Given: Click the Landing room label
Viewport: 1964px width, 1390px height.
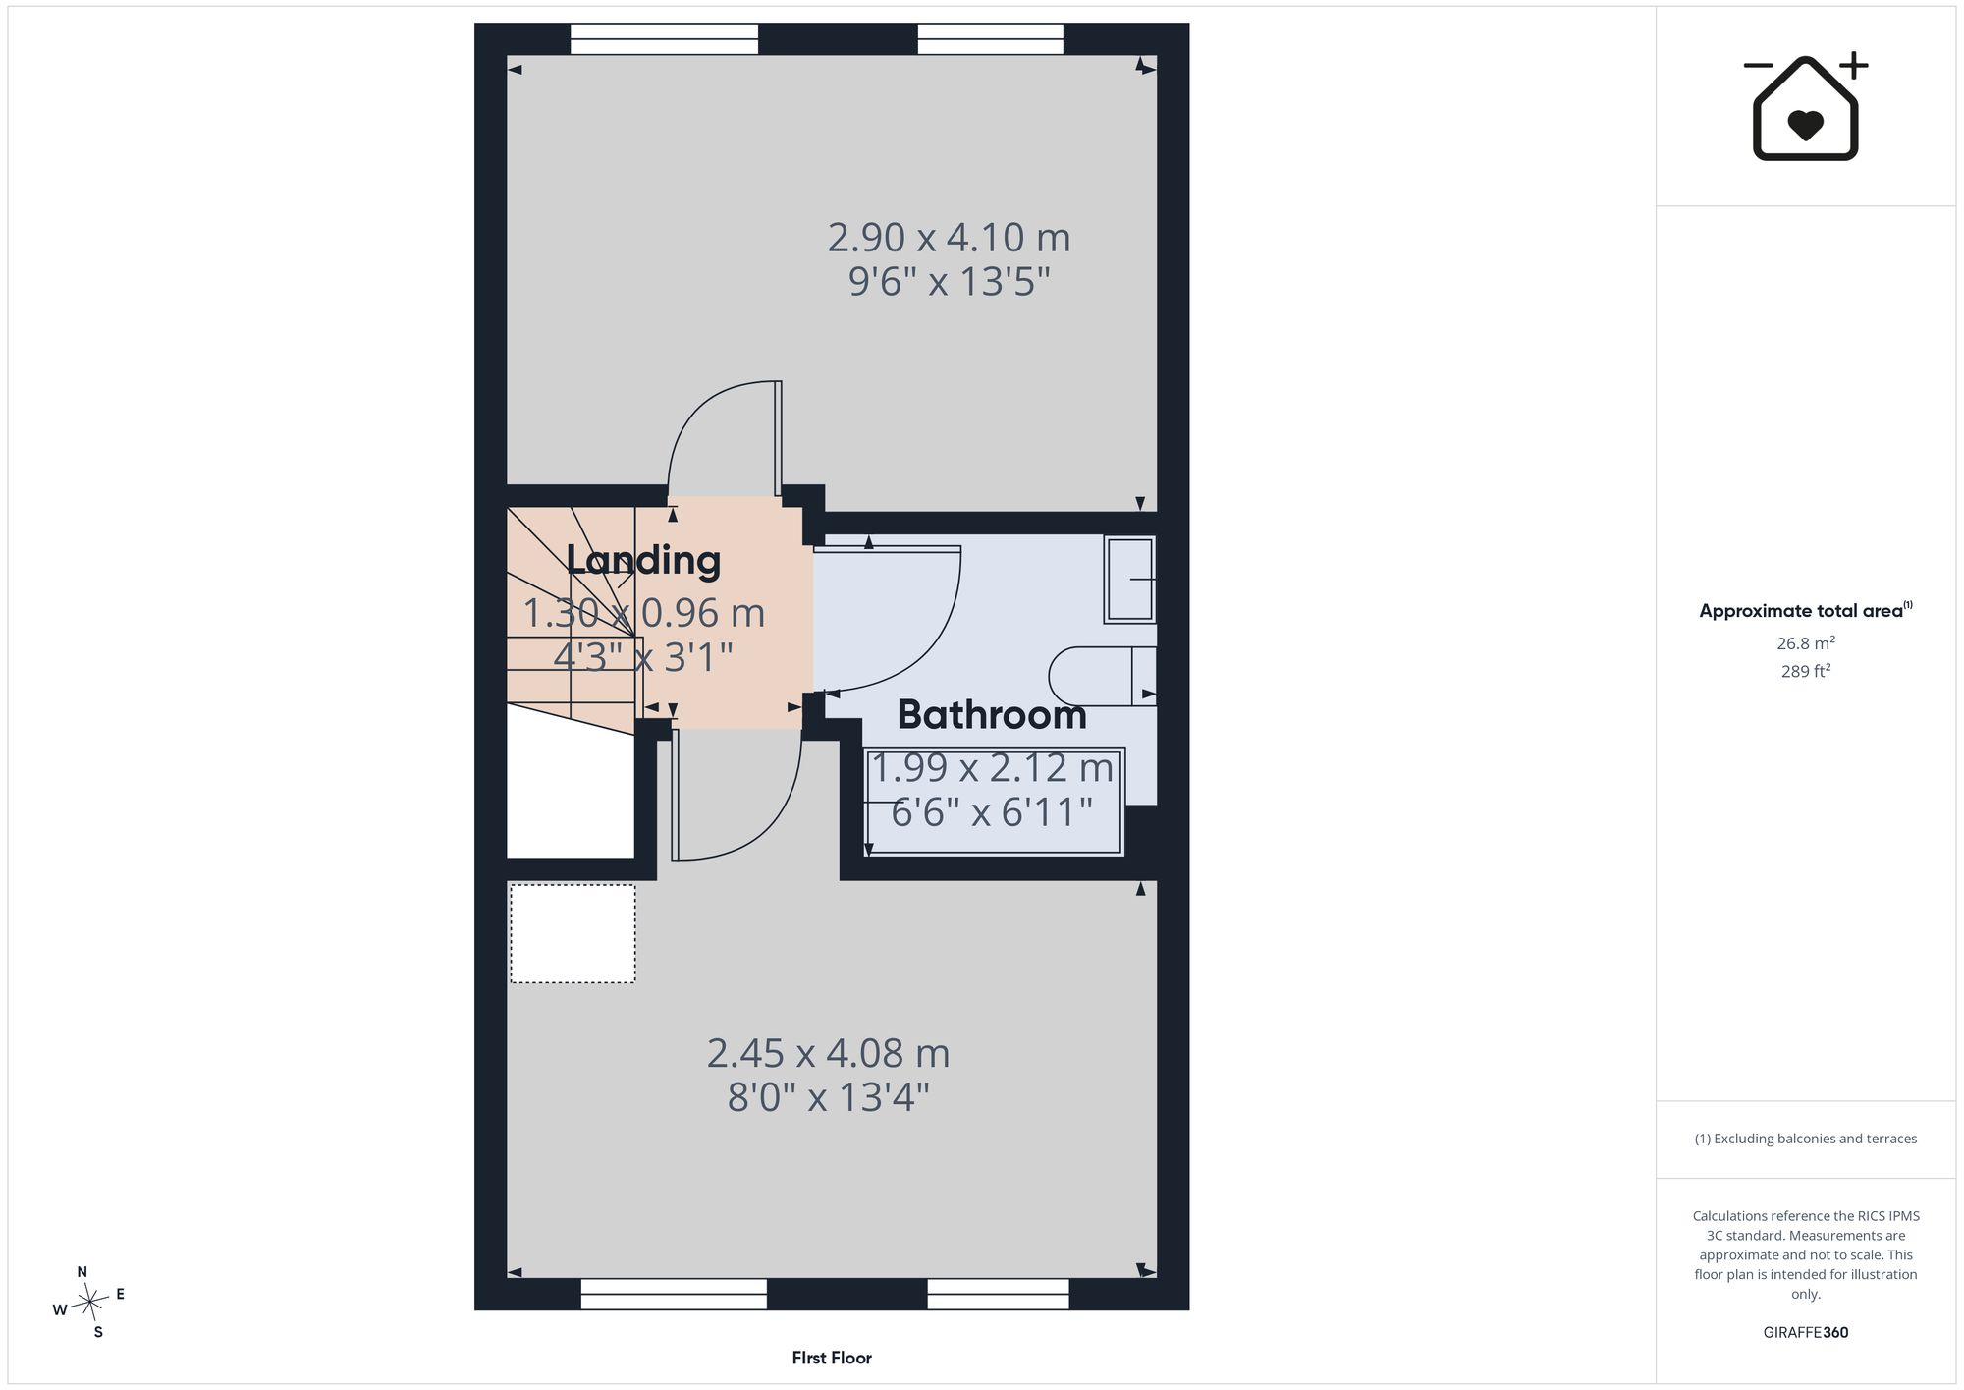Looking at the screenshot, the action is (643, 560).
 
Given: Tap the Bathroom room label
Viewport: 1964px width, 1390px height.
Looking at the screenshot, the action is (992, 714).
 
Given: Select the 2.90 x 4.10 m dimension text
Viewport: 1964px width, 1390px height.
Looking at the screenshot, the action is (949, 237).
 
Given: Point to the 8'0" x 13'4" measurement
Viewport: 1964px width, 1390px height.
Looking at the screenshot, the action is (828, 1096).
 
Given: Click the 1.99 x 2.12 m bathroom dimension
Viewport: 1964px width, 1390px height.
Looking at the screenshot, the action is (992, 768).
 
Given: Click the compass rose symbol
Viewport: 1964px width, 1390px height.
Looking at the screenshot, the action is (90, 1303).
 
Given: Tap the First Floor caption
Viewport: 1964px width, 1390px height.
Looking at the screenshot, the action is (832, 1358).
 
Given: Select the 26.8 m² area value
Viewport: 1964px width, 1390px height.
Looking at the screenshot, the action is (1806, 643).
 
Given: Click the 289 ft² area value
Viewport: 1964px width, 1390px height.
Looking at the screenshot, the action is (1806, 672).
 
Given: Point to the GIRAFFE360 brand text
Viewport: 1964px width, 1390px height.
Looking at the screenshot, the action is (1806, 1332).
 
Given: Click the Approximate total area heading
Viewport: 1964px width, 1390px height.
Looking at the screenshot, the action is (1805, 610).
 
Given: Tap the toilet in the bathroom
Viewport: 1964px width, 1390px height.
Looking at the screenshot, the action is (1102, 676).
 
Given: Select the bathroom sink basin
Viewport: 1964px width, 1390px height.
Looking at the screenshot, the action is (1130, 580).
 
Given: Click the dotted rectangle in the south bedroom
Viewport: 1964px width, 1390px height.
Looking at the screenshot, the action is (573, 933).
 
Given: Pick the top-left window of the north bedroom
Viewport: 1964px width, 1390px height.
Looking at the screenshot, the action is (664, 39).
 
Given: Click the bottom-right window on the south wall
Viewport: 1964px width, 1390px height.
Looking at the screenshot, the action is (998, 1294).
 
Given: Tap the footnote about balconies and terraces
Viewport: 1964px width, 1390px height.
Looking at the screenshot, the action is (1805, 1139).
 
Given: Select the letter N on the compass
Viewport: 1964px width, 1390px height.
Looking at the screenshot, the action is (82, 1272).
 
